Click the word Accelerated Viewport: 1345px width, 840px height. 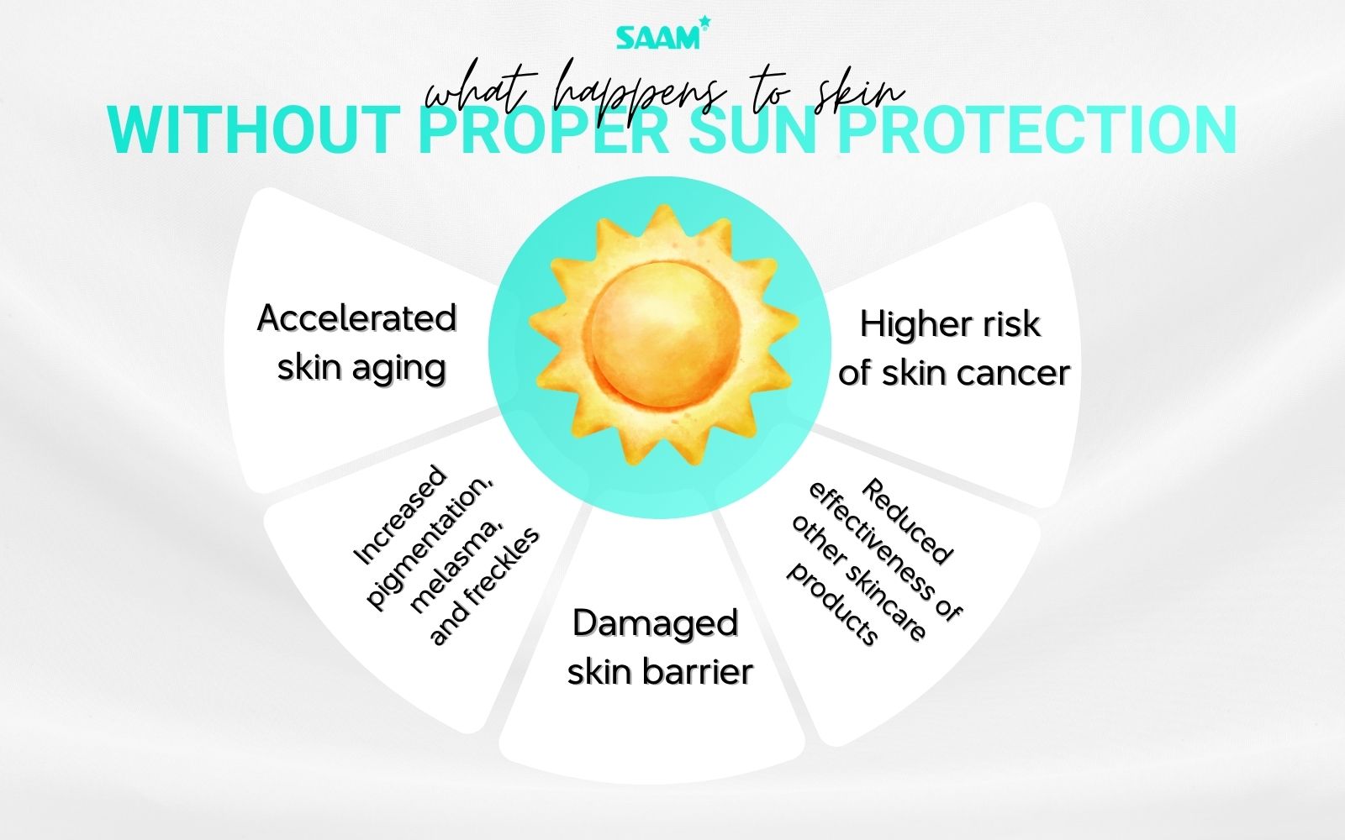(356, 318)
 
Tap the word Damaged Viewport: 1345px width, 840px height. (656, 623)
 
